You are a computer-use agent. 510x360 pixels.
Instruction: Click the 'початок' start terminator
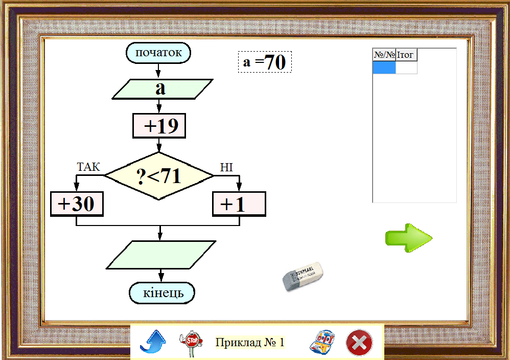158,53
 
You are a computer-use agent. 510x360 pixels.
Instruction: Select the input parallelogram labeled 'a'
161,89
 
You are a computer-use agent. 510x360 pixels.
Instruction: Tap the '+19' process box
159,126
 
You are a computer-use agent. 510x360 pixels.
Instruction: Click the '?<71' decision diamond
159,176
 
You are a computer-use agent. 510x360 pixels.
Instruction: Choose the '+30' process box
77,204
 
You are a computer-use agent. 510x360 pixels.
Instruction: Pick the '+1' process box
239,204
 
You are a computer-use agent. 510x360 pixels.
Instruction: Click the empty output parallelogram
161,254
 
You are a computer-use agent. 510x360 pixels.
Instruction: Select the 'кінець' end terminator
162,293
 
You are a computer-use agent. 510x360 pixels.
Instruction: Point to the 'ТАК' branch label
88,167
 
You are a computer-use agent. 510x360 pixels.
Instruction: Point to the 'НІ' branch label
226,167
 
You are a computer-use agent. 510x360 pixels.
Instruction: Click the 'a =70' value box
265,62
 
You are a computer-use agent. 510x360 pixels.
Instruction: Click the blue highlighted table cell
384,67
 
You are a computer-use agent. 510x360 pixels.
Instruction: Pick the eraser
303,277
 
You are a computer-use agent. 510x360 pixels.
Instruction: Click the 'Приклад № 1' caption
249,342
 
